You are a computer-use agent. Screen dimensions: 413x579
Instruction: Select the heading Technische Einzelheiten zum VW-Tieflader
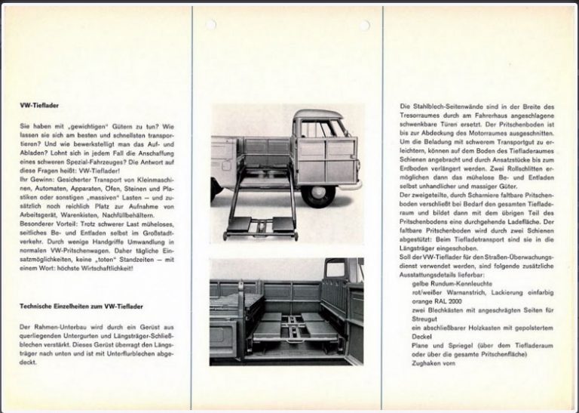pos(81,306)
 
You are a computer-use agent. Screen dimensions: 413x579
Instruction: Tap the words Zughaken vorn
pos(433,363)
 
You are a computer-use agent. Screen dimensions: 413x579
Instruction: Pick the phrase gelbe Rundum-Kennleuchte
pos(452,283)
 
